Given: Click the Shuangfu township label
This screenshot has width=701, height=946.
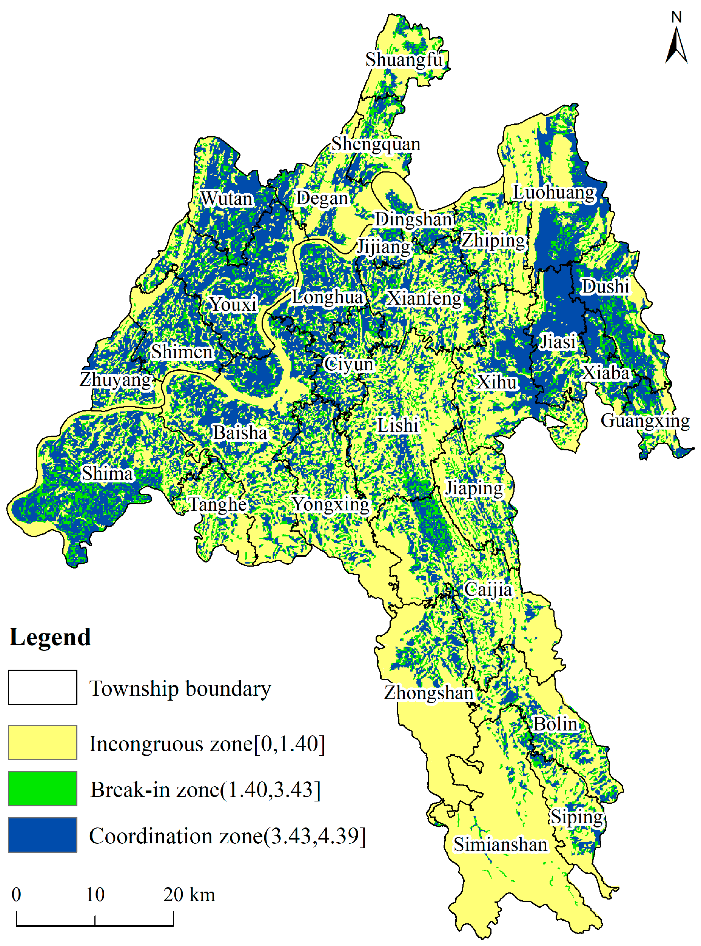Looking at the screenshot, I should pyautogui.click(x=404, y=60).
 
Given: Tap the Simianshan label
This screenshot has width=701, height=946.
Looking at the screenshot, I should pyautogui.click(x=500, y=844).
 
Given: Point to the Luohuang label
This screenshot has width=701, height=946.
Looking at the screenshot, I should pyautogui.click(x=554, y=192).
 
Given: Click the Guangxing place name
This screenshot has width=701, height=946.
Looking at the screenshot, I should pyautogui.click(x=645, y=421).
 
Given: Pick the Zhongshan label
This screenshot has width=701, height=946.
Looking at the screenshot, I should pyautogui.click(x=428, y=693).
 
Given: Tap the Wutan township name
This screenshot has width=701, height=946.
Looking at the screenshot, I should pyautogui.click(x=226, y=199).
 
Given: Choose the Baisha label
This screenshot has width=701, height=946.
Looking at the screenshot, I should pyautogui.click(x=240, y=433).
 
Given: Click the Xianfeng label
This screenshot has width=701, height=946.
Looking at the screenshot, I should pyautogui.click(x=424, y=298).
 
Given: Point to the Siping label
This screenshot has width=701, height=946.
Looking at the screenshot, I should pyautogui.click(x=577, y=817).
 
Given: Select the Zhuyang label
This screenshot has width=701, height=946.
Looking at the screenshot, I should pyautogui.click(x=116, y=379).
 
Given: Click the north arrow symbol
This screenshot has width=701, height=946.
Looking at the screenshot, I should pyautogui.click(x=676, y=42).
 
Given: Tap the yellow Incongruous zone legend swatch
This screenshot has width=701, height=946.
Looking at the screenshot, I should pyautogui.click(x=42, y=743).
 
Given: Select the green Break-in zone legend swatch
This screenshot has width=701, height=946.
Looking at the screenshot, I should pyautogui.click(x=42, y=789).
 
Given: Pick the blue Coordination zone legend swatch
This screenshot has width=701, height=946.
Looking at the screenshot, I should pyautogui.click(x=42, y=835).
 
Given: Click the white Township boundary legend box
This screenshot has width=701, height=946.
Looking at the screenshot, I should pyautogui.click(x=42, y=687).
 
